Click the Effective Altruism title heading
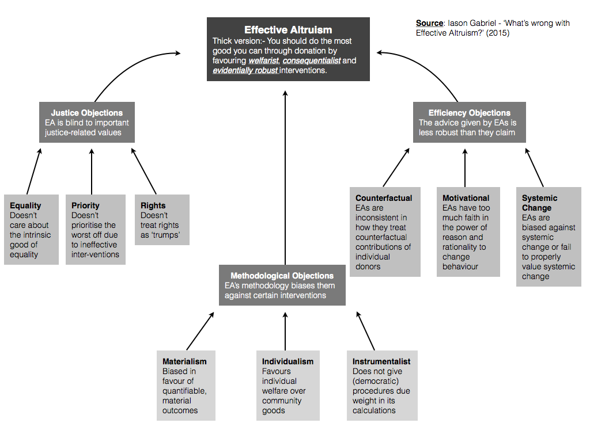coord(288,30)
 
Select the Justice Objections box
coord(86,122)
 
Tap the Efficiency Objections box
coord(469,122)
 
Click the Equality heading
coord(25,205)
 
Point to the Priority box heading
coord(85,205)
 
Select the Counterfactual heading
coord(384,198)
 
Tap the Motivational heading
coord(466,198)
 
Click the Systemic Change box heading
coord(540,203)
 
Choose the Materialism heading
coord(184,361)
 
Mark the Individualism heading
coord(288,361)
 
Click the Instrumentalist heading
coord(381,361)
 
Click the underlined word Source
coord(429,24)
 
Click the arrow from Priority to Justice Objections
coord(92,171)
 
